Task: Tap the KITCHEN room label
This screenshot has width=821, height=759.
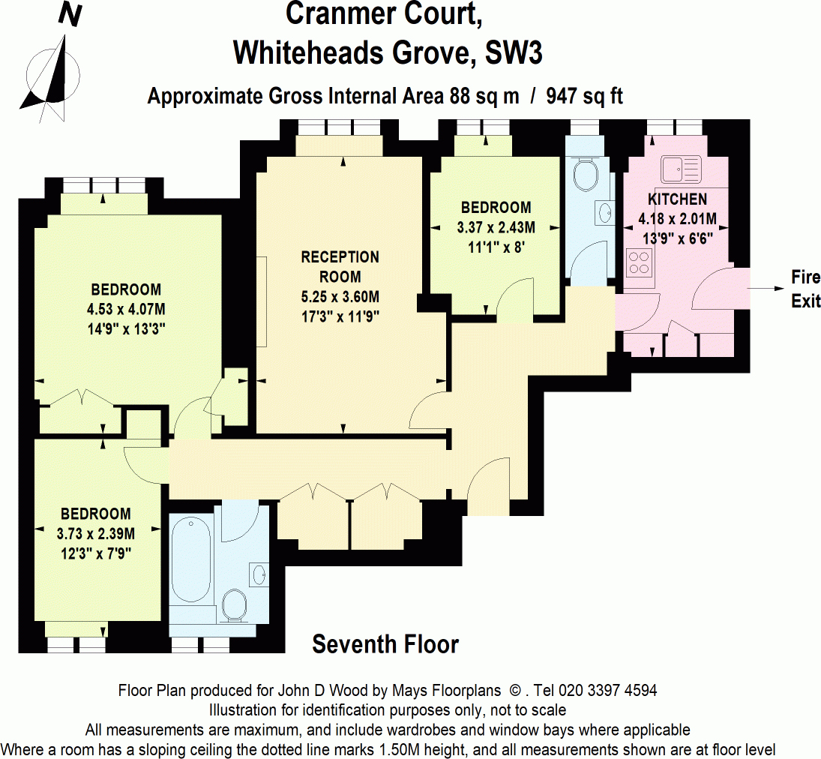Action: tap(677, 199)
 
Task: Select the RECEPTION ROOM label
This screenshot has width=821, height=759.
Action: tap(340, 266)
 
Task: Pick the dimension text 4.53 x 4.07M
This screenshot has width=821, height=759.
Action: tap(126, 308)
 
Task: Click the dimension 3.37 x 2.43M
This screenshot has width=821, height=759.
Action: tap(496, 226)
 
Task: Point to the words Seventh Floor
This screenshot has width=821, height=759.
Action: tap(385, 644)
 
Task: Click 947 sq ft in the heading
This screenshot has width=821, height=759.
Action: tap(586, 97)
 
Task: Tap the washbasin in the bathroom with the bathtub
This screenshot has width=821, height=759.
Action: tap(259, 575)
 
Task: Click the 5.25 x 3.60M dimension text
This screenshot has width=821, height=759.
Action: tap(340, 296)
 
